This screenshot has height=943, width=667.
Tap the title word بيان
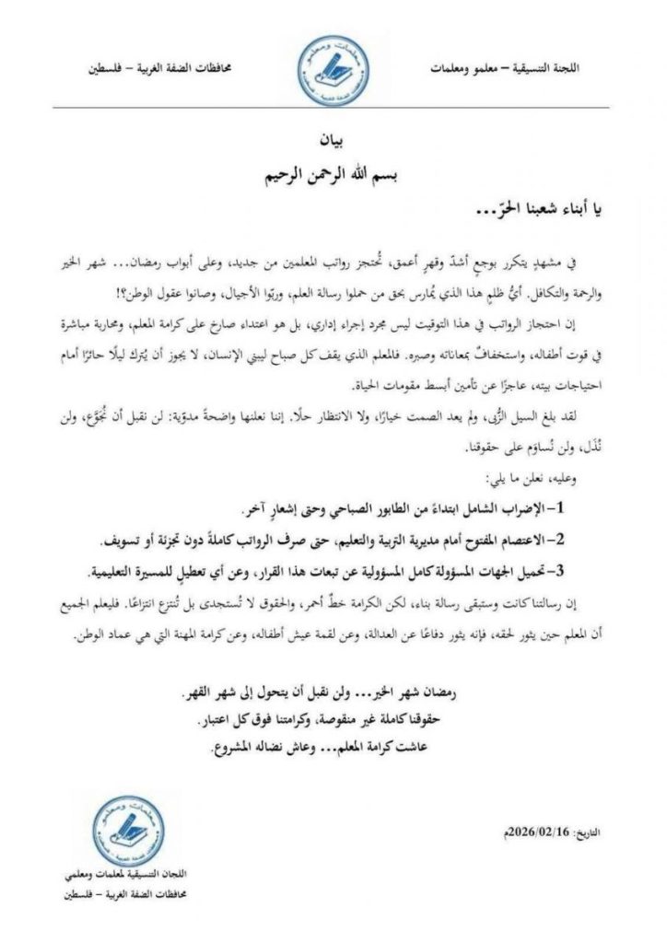tap(334, 145)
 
